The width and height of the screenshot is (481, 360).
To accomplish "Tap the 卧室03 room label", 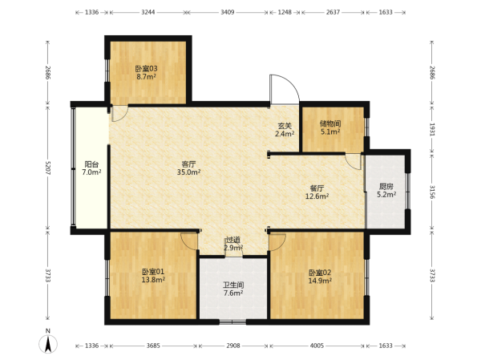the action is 147,68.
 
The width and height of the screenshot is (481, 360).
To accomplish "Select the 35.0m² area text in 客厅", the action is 188,172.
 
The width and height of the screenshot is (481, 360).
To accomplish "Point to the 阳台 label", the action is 91,164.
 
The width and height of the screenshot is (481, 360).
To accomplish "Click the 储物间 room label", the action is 330,123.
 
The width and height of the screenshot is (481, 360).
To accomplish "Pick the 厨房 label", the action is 386,186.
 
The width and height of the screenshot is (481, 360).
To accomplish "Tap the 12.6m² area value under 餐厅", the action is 317,196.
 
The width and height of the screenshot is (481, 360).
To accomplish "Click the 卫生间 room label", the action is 233,285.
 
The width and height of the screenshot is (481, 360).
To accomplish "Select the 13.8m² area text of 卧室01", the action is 153,280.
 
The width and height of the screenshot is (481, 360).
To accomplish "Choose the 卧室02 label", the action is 320,273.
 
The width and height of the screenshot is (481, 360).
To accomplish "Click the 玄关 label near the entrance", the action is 285,126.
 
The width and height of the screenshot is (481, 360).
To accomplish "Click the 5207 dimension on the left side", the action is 47,168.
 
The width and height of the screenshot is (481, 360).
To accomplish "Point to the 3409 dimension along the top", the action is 228,12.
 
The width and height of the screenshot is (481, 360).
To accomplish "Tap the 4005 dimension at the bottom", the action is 317,346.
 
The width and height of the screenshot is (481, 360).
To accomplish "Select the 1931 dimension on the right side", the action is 432,130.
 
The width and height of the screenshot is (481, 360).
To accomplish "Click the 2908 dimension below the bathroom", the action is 233,346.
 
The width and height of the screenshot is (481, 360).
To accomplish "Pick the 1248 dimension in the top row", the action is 285,12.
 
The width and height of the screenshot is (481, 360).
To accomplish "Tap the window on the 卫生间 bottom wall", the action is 232,322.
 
